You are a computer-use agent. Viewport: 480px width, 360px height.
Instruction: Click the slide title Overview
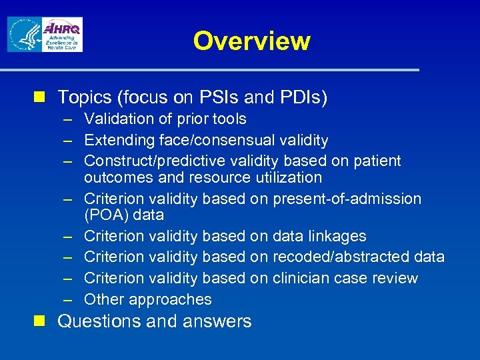click(251, 41)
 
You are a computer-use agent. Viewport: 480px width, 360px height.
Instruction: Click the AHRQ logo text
click(61, 29)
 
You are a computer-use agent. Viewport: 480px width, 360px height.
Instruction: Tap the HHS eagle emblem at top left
click(23, 35)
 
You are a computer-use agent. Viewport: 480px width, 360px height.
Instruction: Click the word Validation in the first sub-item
click(117, 119)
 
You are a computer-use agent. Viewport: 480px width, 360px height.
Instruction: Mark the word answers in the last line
click(219, 321)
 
